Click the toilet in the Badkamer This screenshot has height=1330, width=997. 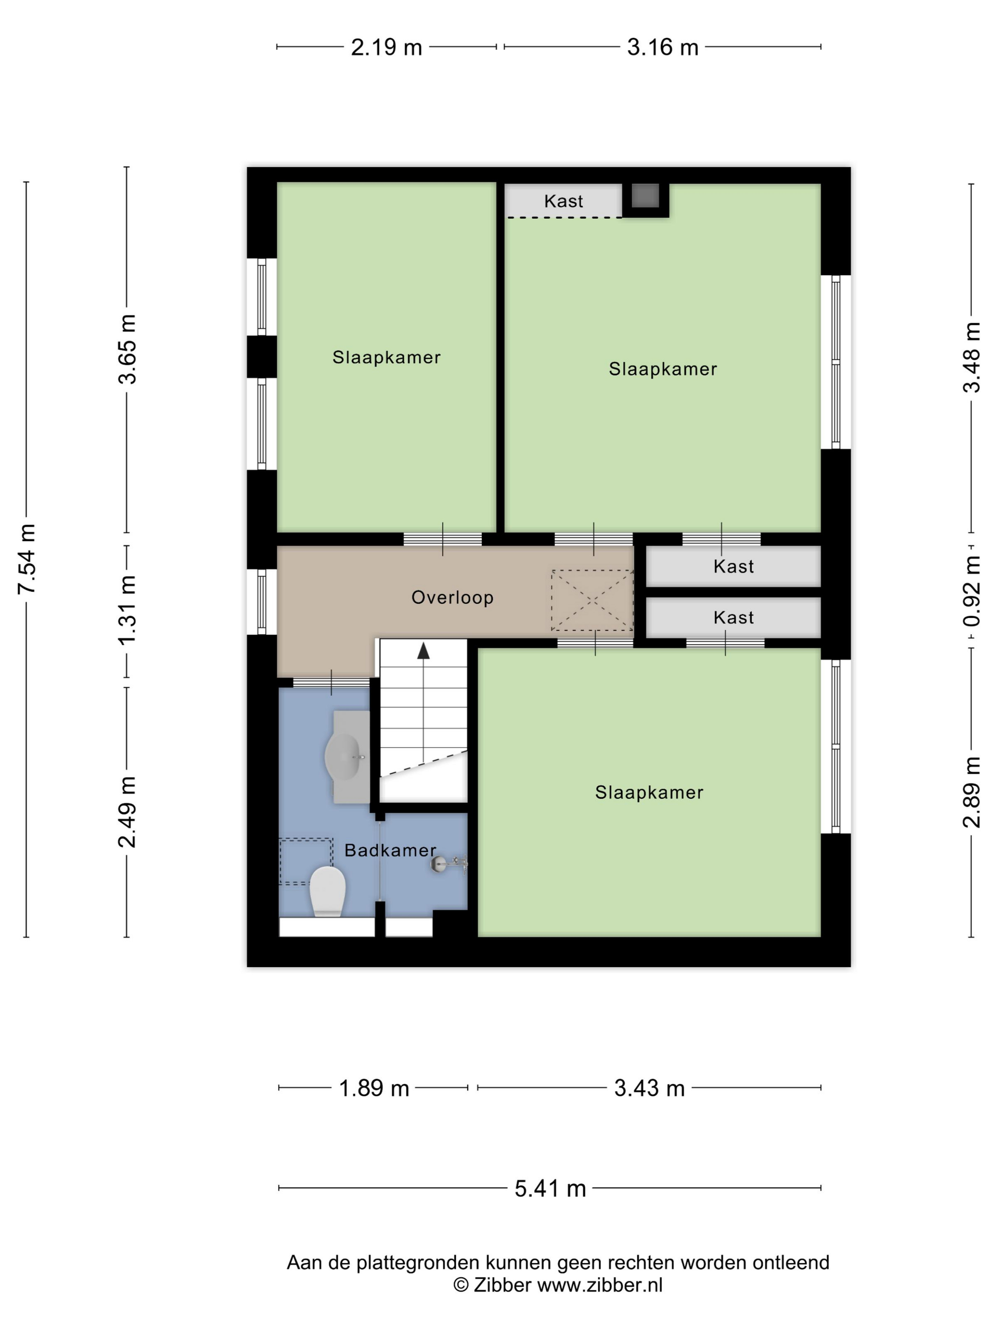pos(327,891)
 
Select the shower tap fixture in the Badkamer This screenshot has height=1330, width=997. pos(448,864)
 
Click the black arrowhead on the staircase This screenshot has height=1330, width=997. pos(423,651)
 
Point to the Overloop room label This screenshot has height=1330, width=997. pos(452,597)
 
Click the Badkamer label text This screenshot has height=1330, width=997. pos(390,850)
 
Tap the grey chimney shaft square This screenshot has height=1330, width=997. pos(645,196)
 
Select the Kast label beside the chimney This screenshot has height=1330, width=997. pos(563,201)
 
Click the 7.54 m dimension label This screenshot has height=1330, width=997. pos(27,559)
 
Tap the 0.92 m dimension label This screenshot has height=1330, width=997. pos(972,590)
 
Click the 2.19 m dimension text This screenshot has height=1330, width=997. pos(386,47)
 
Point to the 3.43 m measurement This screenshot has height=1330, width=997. pos(649,1088)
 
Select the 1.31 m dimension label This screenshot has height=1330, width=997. pos(127,610)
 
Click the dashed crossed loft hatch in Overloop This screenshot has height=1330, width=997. pos(592,600)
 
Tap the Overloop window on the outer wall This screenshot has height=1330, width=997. pos(262,601)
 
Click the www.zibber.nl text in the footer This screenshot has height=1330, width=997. pos(599,1285)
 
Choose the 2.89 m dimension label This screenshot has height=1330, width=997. pos(972,792)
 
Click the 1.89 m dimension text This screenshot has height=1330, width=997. pos(374,1088)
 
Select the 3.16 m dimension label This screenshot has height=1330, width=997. pos(663,47)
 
